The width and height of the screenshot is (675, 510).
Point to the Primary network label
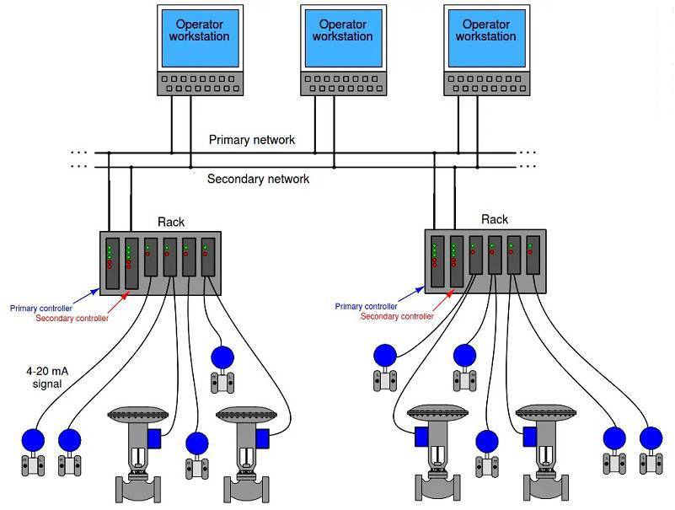[252, 140]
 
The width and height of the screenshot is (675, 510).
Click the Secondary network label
[258, 179]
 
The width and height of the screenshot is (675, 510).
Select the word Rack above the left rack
[171, 223]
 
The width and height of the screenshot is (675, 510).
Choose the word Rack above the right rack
[495, 219]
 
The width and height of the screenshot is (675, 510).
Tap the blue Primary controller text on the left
[40, 309]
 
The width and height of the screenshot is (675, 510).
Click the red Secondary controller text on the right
[397, 316]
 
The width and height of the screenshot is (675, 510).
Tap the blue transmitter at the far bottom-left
[33, 440]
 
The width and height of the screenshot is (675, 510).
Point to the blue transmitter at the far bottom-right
[650, 438]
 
